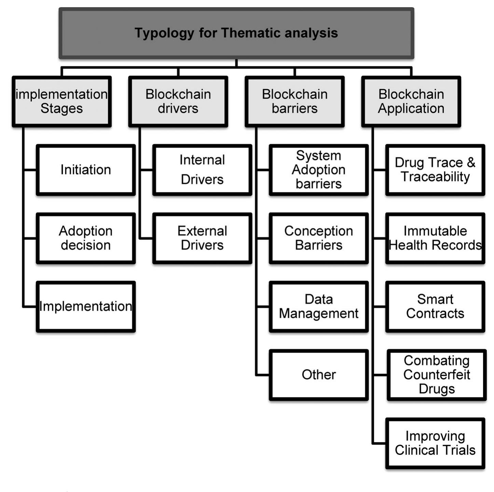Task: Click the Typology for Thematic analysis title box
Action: pos(236,33)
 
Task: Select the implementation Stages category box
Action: pos(61,101)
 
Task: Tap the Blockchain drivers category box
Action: pos(178,101)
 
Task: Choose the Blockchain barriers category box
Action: pos(294,101)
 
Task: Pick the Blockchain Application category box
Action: pos(411,101)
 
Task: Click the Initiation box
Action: pos(86,170)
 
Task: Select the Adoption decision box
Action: pos(86,238)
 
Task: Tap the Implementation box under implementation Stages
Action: pos(86,306)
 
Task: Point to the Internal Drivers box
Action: pos(202,170)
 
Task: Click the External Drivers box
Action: pos(202,238)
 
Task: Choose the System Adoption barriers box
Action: pos(318,170)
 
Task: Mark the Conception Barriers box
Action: pos(318,238)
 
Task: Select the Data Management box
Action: pos(318,306)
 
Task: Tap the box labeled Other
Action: pos(318,375)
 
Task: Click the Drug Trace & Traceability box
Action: pos(435,170)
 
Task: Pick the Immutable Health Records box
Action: pos(435,238)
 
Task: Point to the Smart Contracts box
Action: pos(435,306)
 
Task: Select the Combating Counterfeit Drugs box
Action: pos(437,375)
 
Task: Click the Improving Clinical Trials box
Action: pos(435,443)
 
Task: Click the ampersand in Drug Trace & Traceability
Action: pos(471,163)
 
